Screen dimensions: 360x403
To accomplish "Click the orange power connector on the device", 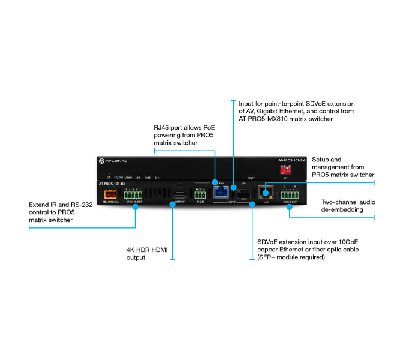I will click(x=110, y=194).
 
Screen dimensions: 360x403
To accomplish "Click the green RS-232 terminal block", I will click(x=199, y=194).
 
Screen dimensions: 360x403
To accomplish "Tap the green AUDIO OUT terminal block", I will click(x=290, y=195).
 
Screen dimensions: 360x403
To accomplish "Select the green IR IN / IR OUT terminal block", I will click(x=133, y=195).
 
